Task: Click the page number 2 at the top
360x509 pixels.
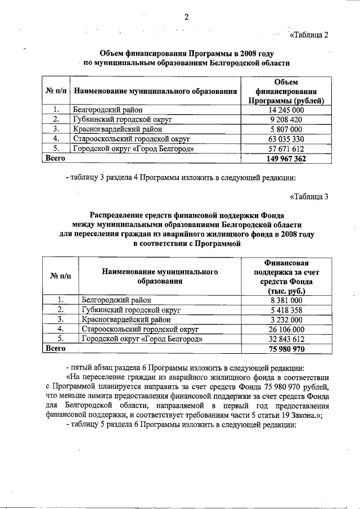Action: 184,17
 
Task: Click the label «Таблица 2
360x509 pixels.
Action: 308,35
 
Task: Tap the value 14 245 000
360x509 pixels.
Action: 287,110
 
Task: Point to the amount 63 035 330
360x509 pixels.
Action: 287,139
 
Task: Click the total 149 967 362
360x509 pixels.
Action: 287,159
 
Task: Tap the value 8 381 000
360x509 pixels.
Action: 287,301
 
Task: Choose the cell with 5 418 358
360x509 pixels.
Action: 287,310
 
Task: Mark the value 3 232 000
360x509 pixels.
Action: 287,320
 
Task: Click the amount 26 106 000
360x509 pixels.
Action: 287,330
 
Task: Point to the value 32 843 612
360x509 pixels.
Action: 287,339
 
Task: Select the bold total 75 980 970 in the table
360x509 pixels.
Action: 287,349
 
